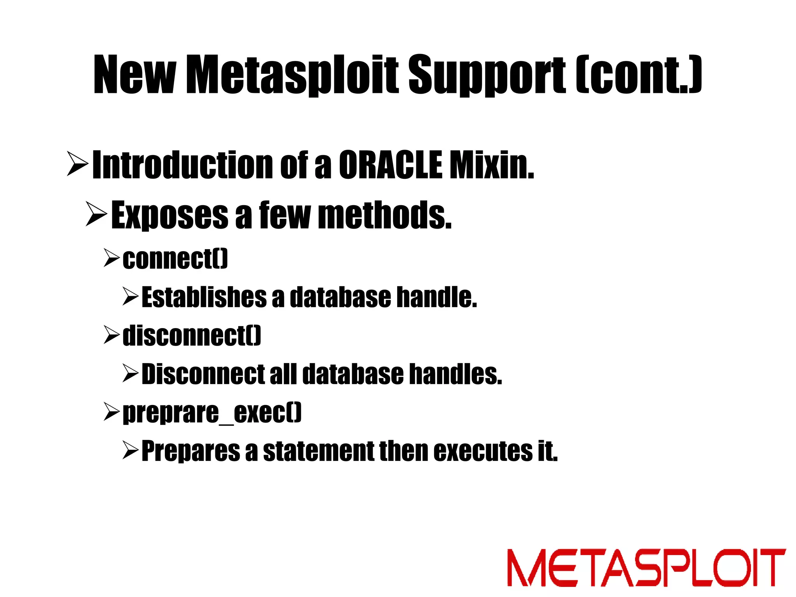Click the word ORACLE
(x=390, y=165)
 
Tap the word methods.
(x=385, y=215)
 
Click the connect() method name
(x=175, y=259)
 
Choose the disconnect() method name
(x=192, y=335)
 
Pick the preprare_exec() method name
(x=212, y=412)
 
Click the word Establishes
(x=204, y=297)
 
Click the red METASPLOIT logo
(x=646, y=567)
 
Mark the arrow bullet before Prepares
(x=130, y=450)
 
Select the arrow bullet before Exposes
(x=96, y=214)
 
